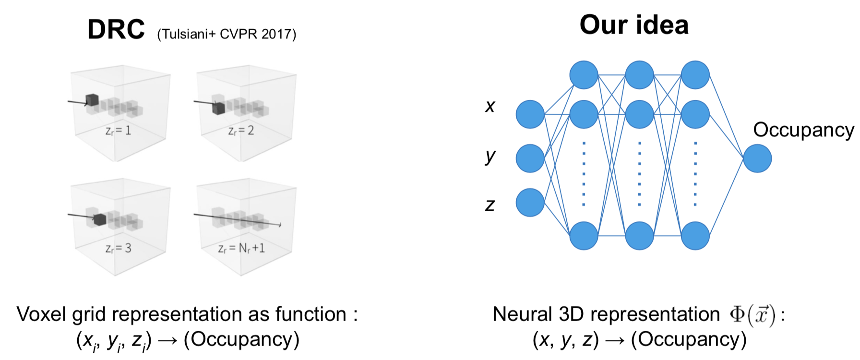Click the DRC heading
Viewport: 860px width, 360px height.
(x=116, y=30)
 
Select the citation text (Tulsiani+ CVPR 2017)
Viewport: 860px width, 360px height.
(x=227, y=34)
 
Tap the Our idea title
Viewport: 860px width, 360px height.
(x=634, y=24)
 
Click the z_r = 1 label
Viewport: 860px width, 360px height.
(x=118, y=131)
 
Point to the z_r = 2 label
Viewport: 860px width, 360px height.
(x=241, y=131)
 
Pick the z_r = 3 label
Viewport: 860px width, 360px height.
(x=118, y=248)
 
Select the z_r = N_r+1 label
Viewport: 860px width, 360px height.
(x=241, y=248)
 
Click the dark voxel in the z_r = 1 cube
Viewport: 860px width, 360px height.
(x=92, y=100)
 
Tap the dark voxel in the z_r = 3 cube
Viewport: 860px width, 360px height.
(x=100, y=219)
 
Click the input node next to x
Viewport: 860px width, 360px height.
(x=530, y=114)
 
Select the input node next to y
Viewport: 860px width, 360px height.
(x=530, y=158)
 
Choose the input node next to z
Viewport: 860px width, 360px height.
(x=530, y=202)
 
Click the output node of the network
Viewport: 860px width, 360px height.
(x=757, y=158)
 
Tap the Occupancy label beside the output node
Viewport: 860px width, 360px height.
(x=803, y=130)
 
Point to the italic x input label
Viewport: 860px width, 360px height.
(x=490, y=106)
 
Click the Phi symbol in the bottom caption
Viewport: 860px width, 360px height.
(x=737, y=314)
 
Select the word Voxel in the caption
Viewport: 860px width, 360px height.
(x=41, y=314)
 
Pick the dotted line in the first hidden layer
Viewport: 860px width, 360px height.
(x=584, y=174)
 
